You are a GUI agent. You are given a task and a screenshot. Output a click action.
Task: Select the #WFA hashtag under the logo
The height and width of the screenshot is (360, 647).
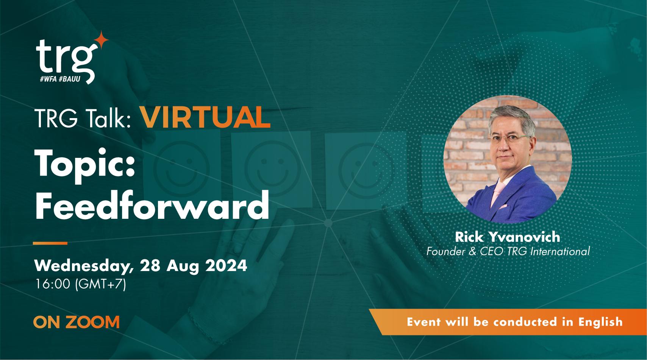click(x=48, y=79)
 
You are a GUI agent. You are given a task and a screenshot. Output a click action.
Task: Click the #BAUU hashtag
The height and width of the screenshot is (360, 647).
click(x=72, y=79)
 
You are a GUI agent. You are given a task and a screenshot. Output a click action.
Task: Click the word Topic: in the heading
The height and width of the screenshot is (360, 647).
click(x=85, y=165)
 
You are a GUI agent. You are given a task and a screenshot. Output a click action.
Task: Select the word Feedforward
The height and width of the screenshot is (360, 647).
click(x=152, y=207)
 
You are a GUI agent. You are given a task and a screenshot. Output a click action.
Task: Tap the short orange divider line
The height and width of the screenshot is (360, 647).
click(x=50, y=243)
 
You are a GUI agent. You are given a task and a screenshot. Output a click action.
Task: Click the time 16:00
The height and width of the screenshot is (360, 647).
click(x=53, y=284)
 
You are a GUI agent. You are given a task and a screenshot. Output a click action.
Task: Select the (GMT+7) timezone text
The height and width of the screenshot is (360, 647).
click(x=100, y=284)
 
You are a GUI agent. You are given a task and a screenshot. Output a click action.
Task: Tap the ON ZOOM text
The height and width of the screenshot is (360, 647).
click(x=76, y=322)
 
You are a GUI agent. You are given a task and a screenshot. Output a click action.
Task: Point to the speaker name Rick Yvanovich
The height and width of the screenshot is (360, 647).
click(x=507, y=237)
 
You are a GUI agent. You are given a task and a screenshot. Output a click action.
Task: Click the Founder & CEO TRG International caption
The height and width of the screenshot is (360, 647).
click(x=508, y=251)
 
